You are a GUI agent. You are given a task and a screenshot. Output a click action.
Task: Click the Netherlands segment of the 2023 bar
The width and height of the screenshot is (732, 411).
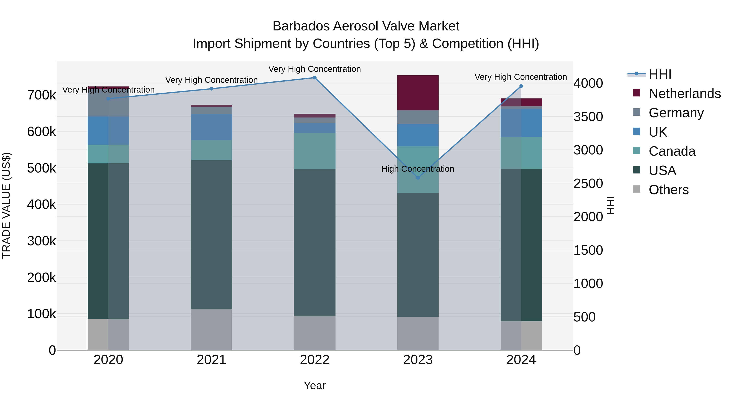[x=418, y=93]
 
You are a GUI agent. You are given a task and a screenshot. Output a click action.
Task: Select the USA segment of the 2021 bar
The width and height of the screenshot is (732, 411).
[x=211, y=235]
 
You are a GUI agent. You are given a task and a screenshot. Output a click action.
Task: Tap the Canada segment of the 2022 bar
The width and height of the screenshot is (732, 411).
[x=315, y=151]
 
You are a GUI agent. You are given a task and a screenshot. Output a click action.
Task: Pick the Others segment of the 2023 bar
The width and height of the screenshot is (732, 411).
[x=418, y=333]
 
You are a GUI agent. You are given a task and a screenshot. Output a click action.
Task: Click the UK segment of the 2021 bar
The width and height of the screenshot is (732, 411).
[x=211, y=127]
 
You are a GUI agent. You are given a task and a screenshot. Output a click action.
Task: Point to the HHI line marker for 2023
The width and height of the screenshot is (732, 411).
[x=418, y=178]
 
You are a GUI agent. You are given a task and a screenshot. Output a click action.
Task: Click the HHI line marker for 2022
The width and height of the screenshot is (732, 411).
[x=315, y=78]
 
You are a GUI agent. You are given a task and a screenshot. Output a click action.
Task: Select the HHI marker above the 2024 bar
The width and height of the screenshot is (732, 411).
[x=521, y=86]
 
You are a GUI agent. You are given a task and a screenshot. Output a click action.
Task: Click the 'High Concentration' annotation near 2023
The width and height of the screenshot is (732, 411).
[x=417, y=169]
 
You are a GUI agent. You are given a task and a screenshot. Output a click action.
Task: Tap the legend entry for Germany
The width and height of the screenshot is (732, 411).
[x=676, y=113]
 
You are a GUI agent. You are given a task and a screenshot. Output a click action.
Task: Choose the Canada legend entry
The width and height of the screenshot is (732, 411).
[x=672, y=151]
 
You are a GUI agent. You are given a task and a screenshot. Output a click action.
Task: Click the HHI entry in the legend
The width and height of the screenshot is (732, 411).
[x=660, y=74]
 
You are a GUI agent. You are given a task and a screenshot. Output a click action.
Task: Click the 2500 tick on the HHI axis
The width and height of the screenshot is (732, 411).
[x=588, y=183]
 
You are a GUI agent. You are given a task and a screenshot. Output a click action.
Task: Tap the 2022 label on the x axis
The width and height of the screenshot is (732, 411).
[x=315, y=360]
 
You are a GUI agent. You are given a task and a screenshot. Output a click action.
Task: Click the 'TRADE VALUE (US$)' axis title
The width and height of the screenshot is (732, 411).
[x=6, y=205]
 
